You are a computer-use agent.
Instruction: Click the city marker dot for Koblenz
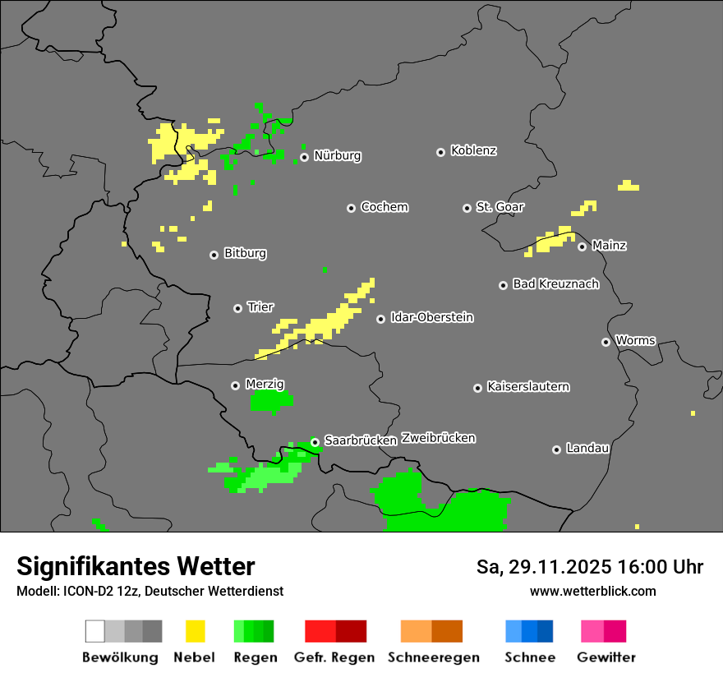440,152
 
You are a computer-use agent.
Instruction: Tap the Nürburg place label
337,155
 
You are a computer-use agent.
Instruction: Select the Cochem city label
384,207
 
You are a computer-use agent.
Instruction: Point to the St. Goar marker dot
467,208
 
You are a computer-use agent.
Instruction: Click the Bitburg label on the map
245,254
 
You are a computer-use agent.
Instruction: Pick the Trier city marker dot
237,308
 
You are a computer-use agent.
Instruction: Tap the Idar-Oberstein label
431,317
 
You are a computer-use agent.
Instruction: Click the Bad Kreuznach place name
555,284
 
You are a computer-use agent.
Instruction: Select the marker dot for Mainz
582,247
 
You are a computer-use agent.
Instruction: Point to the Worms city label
635,340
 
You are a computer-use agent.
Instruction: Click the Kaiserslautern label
527,387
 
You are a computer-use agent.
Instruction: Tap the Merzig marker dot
235,385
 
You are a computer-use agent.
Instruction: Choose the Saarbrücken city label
361,440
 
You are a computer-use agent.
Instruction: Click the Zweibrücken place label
438,438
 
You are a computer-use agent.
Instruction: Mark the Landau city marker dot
556,449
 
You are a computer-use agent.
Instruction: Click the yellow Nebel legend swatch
195,631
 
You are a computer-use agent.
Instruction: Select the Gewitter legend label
606,657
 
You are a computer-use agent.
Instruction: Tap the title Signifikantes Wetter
136,566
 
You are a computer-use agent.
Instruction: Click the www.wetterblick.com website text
592,591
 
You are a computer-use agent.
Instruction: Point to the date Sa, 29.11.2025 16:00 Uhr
589,567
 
